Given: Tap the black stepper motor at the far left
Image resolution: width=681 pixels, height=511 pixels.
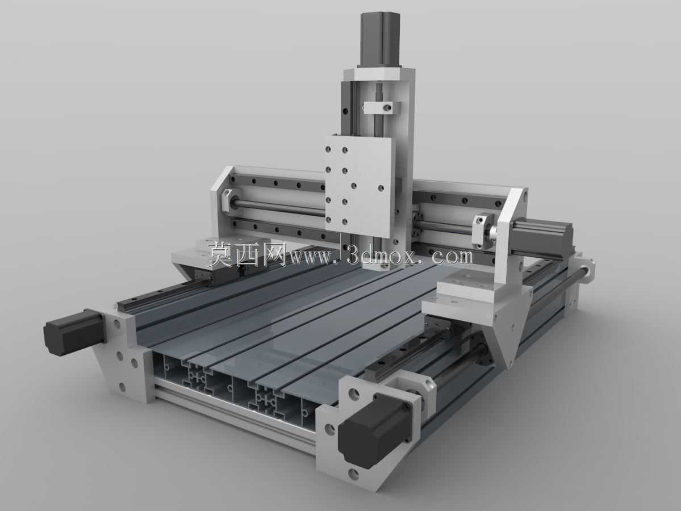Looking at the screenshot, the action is pyautogui.click(x=73, y=331).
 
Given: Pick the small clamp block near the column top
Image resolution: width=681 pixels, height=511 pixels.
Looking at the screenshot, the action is pyautogui.click(x=377, y=107).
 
